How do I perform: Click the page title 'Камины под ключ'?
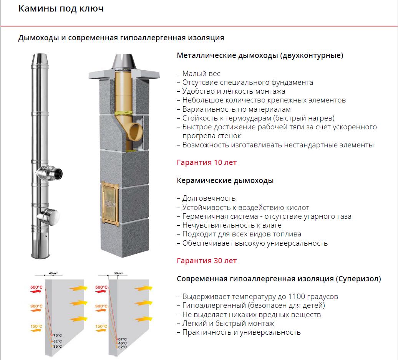coord(61,8)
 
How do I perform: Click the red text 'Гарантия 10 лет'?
coord(207,162)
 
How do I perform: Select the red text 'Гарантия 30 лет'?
coord(207,261)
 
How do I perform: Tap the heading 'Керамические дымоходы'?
coord(225,181)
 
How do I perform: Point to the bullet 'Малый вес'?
coord(201,73)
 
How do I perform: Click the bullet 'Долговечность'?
coord(209,198)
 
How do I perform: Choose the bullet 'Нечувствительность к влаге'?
coord(232,225)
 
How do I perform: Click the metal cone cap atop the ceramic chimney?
coord(122,63)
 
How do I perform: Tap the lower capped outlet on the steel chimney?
coord(51,217)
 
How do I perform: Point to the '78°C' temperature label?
coord(58,335)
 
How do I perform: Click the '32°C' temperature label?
coord(122,347)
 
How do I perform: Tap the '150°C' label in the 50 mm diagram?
coord(101,326)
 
